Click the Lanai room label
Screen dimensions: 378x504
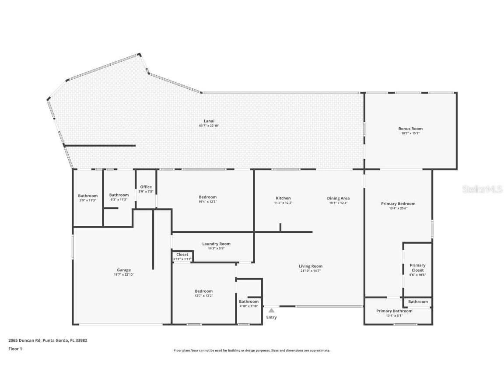[209, 121]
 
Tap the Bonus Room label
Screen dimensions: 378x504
[410, 129]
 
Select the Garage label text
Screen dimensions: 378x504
[124, 270]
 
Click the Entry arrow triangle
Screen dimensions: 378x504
[271, 310]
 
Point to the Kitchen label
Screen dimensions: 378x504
[283, 198]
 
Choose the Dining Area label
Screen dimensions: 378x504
[338, 198]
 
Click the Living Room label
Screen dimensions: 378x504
[311, 266]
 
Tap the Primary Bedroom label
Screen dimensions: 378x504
[398, 203]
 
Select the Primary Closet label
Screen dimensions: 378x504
[417, 268]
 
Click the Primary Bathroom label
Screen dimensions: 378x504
[394, 311]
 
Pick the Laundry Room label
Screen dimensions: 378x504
[216, 244]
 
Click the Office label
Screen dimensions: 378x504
[146, 187]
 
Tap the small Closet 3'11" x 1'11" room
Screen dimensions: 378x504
[182, 256]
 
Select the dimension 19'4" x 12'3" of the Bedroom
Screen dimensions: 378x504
[208, 202]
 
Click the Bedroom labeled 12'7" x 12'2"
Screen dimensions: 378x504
[204, 293]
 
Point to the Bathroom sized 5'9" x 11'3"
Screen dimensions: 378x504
[88, 197]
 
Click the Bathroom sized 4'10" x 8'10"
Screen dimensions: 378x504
[249, 303]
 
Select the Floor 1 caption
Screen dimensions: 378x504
[15, 349]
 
